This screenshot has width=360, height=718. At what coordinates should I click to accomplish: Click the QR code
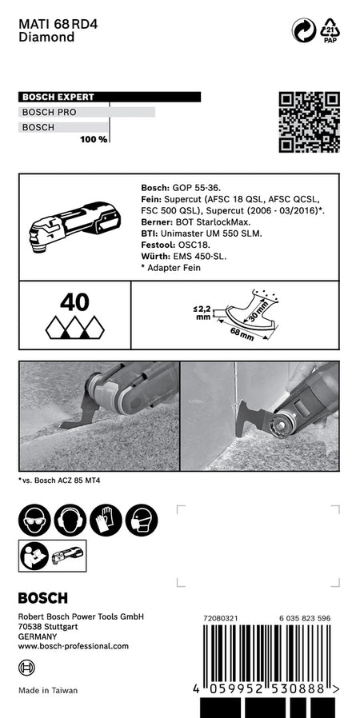click(x=309, y=122)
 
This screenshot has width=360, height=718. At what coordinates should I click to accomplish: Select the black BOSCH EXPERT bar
click(x=110, y=97)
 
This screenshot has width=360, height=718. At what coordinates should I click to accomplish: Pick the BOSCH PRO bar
click(x=86, y=112)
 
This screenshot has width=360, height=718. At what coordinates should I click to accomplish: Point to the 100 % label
click(x=94, y=139)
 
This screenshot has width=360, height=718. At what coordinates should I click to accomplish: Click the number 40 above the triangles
click(x=75, y=302)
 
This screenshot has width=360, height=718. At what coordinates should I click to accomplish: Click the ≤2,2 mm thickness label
click(x=203, y=313)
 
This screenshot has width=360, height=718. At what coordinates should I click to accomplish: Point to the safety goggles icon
click(x=34, y=521)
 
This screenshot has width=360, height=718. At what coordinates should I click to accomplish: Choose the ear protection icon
click(x=70, y=521)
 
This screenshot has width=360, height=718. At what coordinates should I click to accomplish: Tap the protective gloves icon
click(x=106, y=521)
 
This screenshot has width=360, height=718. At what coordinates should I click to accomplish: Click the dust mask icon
click(x=142, y=521)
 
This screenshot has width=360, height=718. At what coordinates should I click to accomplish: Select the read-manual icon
click(x=35, y=556)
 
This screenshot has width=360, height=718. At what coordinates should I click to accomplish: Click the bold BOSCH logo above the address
click(x=43, y=597)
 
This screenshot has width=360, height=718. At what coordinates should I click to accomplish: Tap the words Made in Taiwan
click(x=48, y=690)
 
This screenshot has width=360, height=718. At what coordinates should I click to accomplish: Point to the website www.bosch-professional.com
click(x=74, y=646)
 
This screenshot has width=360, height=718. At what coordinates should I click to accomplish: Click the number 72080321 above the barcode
click(x=220, y=618)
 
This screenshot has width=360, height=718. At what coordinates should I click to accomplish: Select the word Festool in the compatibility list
click(x=154, y=245)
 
